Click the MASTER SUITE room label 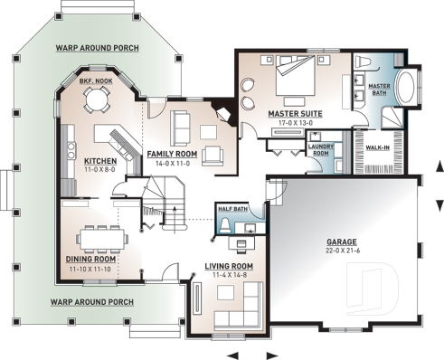(296, 114)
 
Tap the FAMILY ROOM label (171, 154)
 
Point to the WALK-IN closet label (376, 146)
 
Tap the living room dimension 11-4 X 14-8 (227, 274)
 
